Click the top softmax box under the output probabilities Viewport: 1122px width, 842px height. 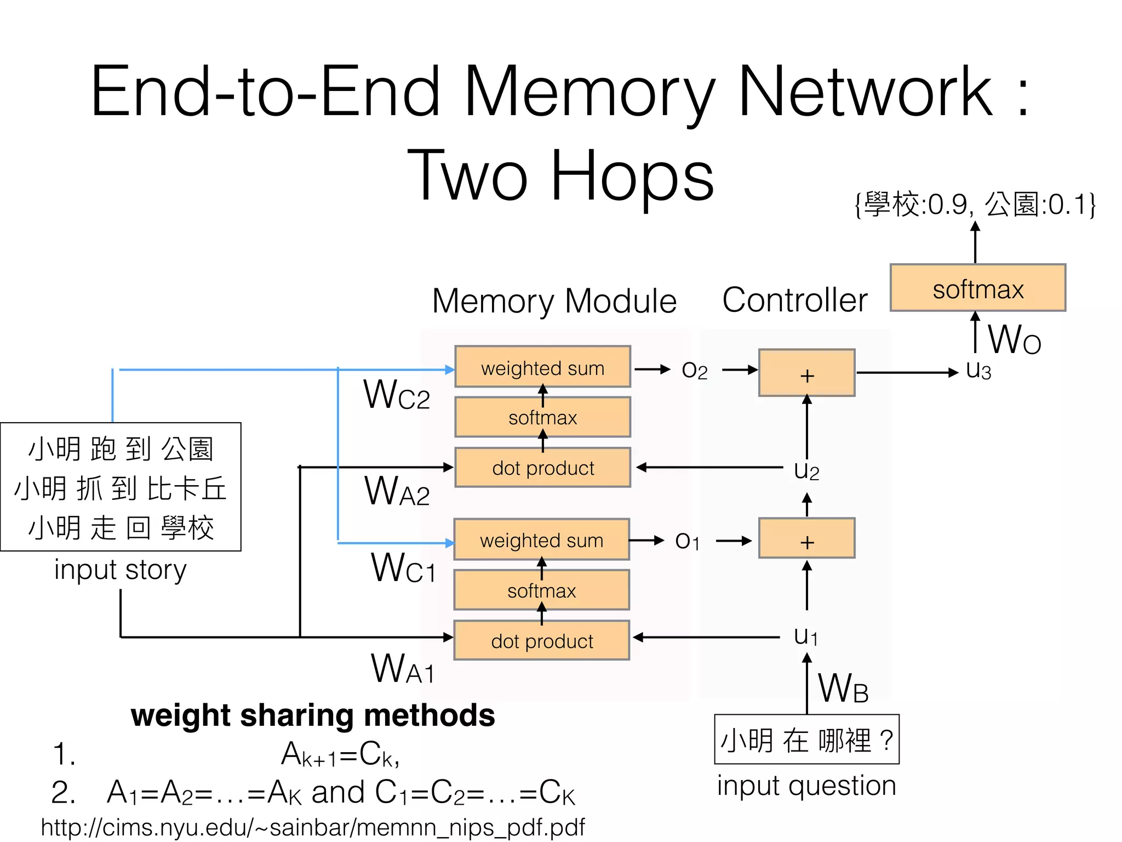pyautogui.click(x=977, y=288)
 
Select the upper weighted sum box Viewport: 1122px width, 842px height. pyautogui.click(x=542, y=367)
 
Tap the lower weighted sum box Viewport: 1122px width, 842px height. pyautogui.click(x=541, y=540)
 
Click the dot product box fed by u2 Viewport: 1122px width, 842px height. pyautogui.click(x=542, y=468)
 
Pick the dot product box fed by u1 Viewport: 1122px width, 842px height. pyautogui.click(x=541, y=640)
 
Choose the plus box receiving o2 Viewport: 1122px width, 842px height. pyautogui.click(x=806, y=373)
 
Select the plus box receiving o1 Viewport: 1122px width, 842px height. pyautogui.click(x=806, y=539)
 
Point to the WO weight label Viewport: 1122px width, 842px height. pyautogui.click(x=1014, y=340)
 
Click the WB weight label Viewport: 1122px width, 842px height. pyautogui.click(x=843, y=689)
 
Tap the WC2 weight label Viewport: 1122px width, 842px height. pyautogui.click(x=396, y=395)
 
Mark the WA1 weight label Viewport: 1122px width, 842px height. pyautogui.click(x=403, y=669)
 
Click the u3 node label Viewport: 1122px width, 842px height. pyautogui.click(x=978, y=371)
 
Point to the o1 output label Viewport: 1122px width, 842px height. pyautogui.click(x=687, y=541)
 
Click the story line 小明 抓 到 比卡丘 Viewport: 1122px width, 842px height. pyautogui.click(x=121, y=488)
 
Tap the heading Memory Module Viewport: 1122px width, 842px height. pyautogui.click(x=554, y=301)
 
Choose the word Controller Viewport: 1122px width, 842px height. pyautogui.click(x=794, y=300)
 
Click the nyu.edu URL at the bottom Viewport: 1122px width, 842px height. pyautogui.click(x=312, y=827)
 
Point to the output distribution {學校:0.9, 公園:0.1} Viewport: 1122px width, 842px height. pyautogui.click(x=975, y=204)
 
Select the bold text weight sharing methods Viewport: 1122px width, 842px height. pyautogui.click(x=312, y=715)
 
